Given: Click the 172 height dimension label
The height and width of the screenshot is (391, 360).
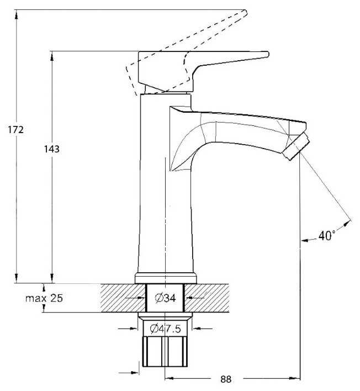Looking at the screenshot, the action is (x=15, y=130).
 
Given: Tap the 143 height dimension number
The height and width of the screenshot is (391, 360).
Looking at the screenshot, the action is (x=52, y=149).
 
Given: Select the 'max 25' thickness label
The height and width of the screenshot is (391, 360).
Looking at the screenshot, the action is (x=44, y=298).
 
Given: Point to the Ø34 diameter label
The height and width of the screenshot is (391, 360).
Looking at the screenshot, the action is (x=165, y=298).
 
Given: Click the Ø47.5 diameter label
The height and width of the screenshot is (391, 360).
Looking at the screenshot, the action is (x=165, y=329).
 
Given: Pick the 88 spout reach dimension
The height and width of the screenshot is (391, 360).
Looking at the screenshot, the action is (x=226, y=379).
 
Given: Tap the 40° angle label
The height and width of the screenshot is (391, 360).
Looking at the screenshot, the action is (x=327, y=235).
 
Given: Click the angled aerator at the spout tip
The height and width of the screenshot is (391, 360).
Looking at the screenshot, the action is (x=296, y=146).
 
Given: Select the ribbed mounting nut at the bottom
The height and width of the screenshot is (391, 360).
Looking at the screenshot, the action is (x=165, y=352).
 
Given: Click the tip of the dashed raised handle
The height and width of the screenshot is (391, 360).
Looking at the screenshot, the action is (x=246, y=12).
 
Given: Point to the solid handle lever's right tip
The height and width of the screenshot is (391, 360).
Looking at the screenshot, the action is (x=268, y=54).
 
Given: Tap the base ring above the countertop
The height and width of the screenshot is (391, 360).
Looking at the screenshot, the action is (x=166, y=278).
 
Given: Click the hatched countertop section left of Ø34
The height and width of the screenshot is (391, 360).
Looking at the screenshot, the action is (x=123, y=298).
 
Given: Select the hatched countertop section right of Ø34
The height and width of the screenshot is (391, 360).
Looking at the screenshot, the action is (x=207, y=298).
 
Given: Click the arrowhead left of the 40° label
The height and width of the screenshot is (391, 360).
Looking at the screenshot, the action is (x=305, y=240).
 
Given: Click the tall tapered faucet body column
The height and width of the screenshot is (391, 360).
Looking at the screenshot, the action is (x=165, y=183).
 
